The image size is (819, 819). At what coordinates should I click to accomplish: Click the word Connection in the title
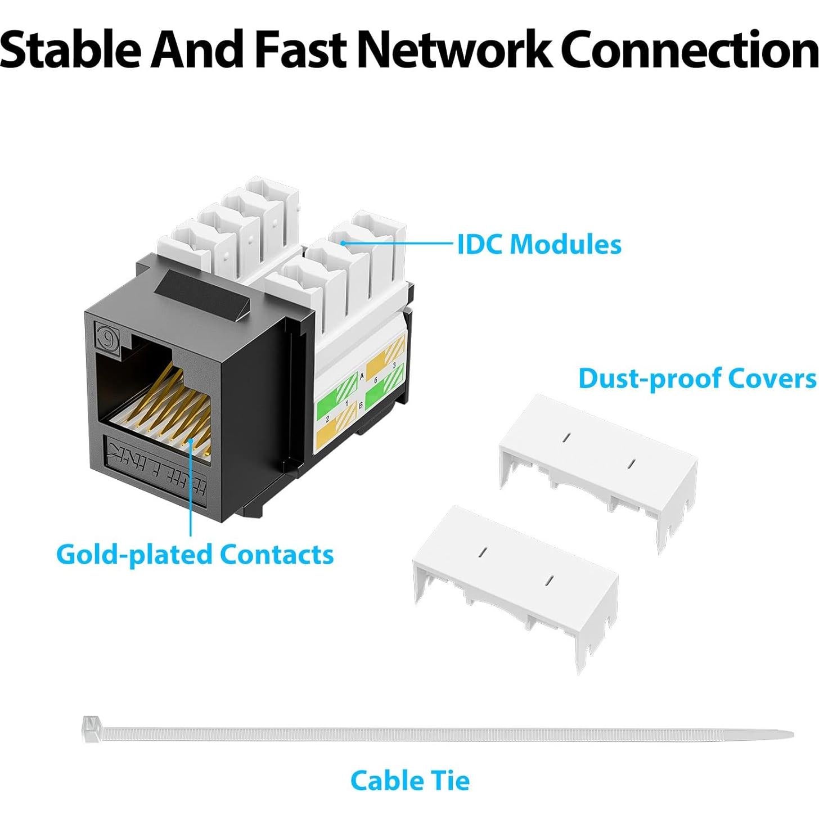click(x=689, y=49)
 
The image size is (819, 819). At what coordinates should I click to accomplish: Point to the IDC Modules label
click(x=539, y=245)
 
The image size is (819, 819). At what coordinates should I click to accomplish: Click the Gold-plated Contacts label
click(x=195, y=554)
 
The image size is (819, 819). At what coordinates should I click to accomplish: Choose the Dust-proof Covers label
click(x=697, y=379)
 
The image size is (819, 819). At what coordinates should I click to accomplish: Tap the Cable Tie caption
click(x=409, y=781)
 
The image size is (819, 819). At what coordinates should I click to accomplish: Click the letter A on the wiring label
click(x=362, y=376)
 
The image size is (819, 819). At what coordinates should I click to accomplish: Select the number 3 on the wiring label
click(x=395, y=366)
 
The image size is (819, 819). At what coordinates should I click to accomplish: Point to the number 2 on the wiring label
click(x=327, y=420)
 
